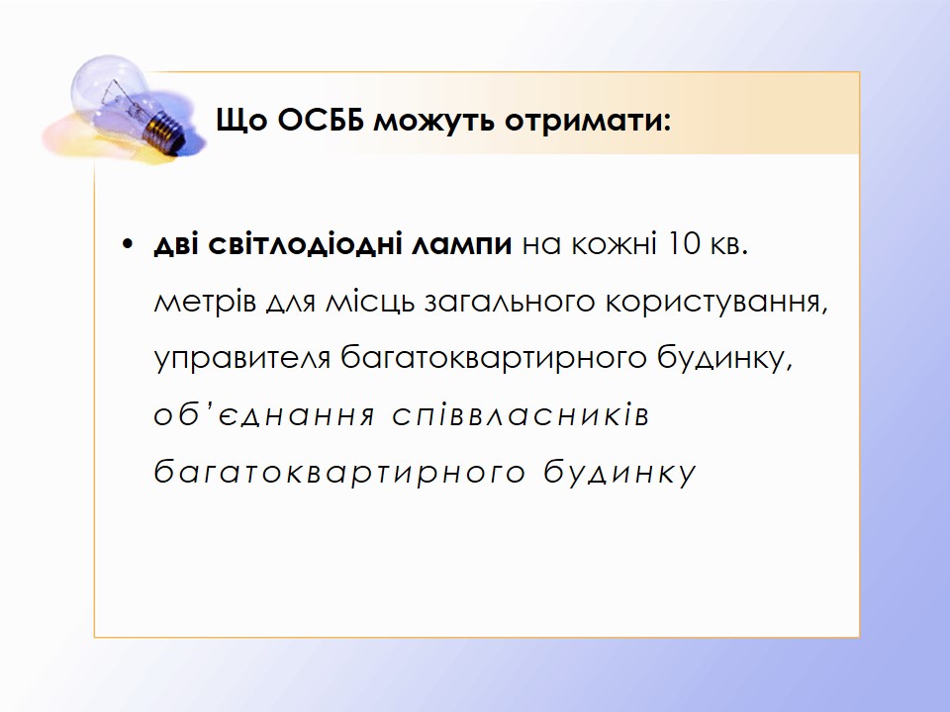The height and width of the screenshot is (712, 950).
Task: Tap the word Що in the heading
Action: pyautogui.click(x=241, y=121)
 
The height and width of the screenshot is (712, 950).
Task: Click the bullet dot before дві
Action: pyautogui.click(x=127, y=244)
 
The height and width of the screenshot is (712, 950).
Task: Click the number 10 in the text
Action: pyautogui.click(x=684, y=243)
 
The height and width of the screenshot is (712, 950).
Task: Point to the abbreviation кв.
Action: pyautogui.click(x=729, y=245)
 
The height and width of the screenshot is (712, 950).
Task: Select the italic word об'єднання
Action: pyautogui.click(x=264, y=415)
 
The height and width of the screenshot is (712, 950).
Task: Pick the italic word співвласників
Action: pyautogui.click(x=521, y=415)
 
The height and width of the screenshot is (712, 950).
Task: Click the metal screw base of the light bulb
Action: pyautogui.click(x=165, y=131)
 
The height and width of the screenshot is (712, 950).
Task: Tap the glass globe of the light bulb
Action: pyautogui.click(x=110, y=89)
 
